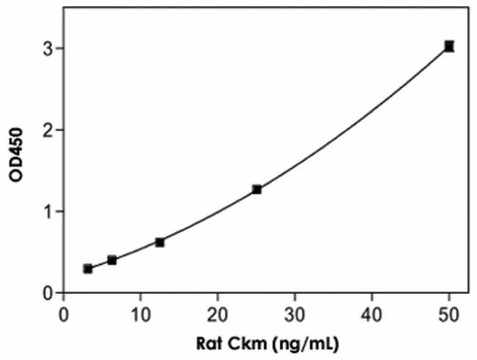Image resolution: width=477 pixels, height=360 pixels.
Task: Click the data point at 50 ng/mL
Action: click(449, 46)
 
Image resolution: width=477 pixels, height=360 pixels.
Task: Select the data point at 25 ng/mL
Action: click(256, 190)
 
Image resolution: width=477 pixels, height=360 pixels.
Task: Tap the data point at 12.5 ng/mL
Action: click(160, 242)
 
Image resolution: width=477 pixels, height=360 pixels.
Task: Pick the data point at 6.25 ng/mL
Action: click(112, 260)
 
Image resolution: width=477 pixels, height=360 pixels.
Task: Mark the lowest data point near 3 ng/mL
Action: click(88, 269)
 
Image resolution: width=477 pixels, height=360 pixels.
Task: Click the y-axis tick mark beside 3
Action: click(59, 48)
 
